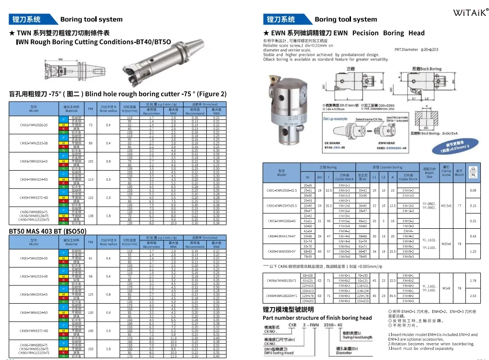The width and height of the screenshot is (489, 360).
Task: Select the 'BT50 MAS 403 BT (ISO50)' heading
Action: [48, 231]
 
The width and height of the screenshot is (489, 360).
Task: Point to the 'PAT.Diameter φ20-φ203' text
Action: [416, 50]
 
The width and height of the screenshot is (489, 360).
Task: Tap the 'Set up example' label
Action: [335, 119]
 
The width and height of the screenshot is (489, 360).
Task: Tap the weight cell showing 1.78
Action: [473, 281]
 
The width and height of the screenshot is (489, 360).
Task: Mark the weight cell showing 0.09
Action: [473, 190]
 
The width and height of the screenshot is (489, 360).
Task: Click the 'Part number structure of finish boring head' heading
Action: [317, 318]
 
